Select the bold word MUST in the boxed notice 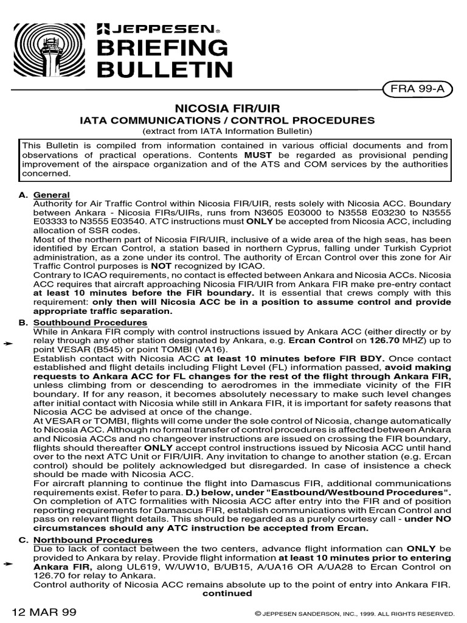258,155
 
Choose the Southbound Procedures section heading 90,322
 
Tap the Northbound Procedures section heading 92,540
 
